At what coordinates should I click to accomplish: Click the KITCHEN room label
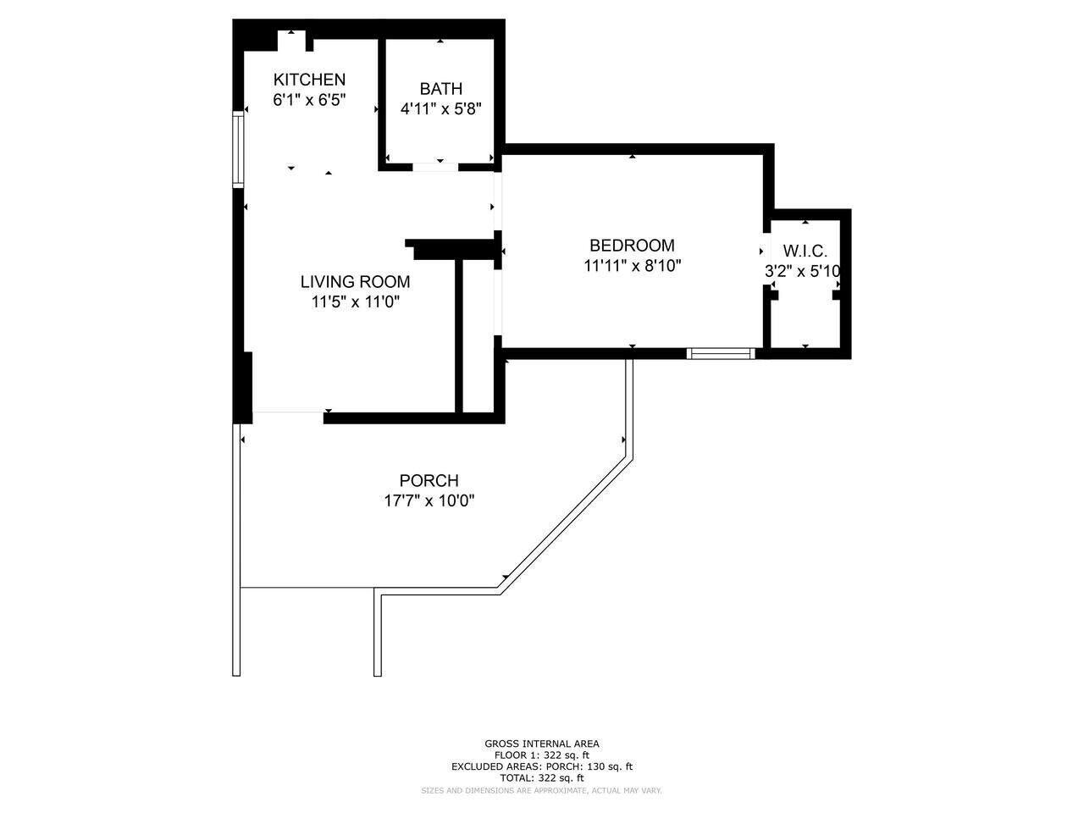pos(309,80)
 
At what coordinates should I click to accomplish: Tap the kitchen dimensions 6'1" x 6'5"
pos(309,100)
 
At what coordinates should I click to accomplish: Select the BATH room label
pos(441,89)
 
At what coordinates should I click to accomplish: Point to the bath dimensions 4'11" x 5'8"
pos(441,108)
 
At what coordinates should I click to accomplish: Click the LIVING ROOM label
pos(355,282)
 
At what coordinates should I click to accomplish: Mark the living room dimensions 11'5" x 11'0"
pos(355,301)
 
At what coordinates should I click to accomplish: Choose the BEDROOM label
pos(632,246)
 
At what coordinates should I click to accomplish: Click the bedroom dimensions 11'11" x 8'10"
pos(632,265)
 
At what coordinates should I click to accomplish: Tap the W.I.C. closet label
pos(805,252)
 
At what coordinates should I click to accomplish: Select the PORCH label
pos(429,481)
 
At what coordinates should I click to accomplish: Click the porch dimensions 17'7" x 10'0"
pos(429,501)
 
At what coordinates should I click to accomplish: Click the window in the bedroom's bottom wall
pos(721,354)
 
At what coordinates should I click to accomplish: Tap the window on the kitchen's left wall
pos(239,150)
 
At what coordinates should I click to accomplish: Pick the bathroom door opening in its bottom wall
pos(435,167)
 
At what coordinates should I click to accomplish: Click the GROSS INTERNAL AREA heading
pos(542,744)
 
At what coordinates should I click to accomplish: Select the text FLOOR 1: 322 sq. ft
pos(542,755)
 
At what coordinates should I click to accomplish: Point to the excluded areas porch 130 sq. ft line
pos(542,766)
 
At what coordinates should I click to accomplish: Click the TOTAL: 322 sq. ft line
pos(542,777)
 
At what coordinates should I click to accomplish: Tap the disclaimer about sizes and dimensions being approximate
pos(542,790)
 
